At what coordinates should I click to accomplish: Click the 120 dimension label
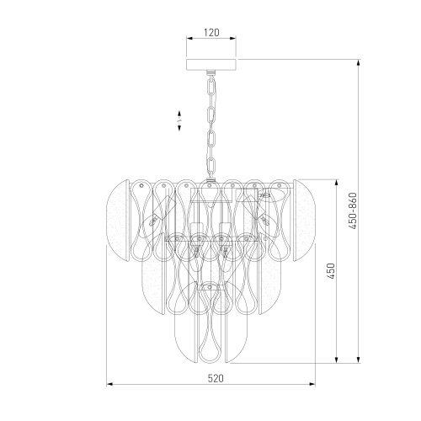pos(211,33)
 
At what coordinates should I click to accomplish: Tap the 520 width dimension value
pos(216,378)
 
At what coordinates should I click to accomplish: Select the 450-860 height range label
pos(352,210)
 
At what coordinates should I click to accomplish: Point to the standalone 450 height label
pos(331,271)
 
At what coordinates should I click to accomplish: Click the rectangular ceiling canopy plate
pos(211,64)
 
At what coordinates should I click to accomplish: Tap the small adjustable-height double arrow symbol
pos(179,120)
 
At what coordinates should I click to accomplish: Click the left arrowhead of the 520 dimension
pos(109,384)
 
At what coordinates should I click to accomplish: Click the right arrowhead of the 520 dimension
pos(312,384)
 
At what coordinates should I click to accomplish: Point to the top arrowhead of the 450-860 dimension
pos(358,63)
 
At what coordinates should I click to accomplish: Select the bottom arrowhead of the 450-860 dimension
pos(358,360)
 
